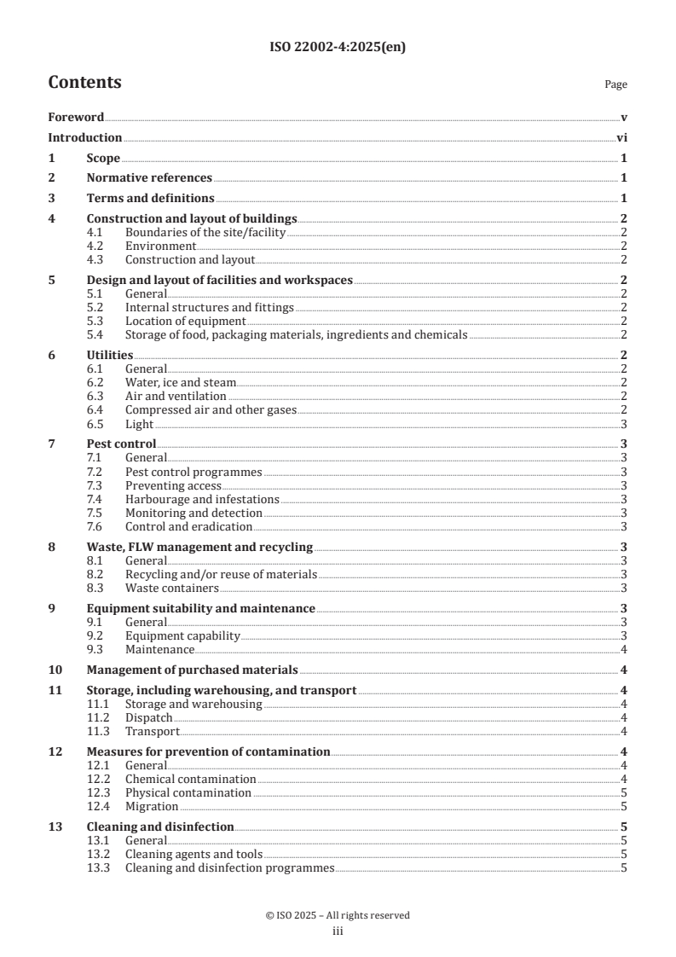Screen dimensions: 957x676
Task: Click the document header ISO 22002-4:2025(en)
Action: [x=338, y=48]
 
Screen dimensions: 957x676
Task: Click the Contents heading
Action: [x=84, y=83]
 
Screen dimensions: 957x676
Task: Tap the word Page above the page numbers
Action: [x=615, y=85]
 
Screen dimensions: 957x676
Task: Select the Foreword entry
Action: [x=76, y=117]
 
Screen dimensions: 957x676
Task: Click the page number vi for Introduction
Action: [x=622, y=137]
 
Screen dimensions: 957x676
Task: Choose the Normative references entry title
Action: [x=149, y=178]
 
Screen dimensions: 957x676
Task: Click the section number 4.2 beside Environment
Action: [x=98, y=246]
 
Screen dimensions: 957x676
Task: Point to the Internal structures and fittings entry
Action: [x=209, y=307]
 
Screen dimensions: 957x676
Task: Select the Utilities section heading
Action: [x=110, y=355]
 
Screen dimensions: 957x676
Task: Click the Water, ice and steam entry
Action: [x=180, y=383]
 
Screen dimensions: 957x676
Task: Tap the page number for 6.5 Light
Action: [x=625, y=424]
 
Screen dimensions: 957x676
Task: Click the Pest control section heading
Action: [x=122, y=444]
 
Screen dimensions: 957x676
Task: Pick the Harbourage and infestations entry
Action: [x=202, y=499]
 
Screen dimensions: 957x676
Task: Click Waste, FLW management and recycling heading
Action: [x=199, y=547]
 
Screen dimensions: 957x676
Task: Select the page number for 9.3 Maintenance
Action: [x=625, y=649]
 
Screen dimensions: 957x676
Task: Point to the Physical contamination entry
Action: [x=188, y=792]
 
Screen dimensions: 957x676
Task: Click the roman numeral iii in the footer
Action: [x=338, y=932]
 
